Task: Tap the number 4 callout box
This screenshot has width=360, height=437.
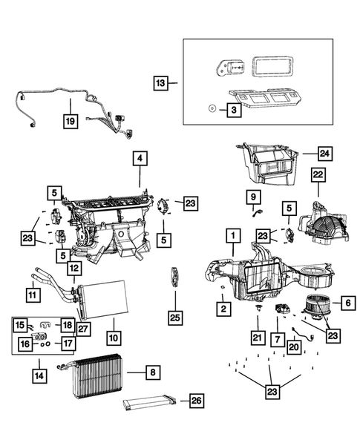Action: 140,158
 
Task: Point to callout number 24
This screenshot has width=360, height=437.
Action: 324,154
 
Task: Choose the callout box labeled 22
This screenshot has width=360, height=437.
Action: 318,174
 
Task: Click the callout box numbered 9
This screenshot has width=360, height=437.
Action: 254,197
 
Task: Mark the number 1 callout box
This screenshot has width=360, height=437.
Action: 232,237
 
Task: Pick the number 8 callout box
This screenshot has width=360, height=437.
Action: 151,371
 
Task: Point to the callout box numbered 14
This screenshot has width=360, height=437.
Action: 38,375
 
